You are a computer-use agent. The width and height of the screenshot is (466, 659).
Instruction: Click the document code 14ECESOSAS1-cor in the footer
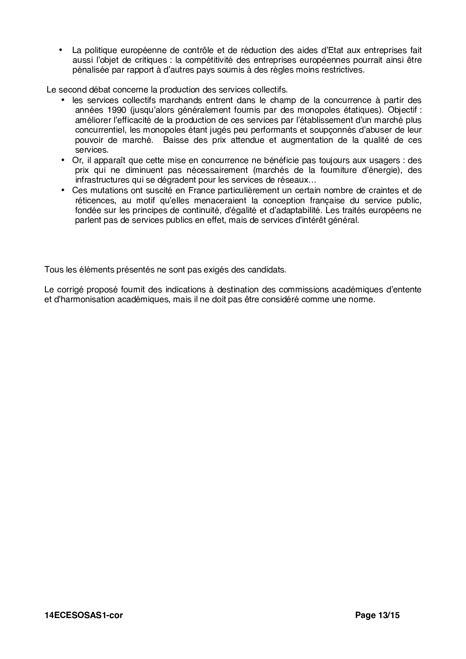click(x=83, y=615)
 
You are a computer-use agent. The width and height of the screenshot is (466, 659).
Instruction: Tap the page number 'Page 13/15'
click(x=377, y=615)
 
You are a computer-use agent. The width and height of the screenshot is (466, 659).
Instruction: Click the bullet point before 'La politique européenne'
click(x=61, y=50)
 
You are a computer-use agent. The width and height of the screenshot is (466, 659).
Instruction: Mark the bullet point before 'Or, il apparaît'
click(x=63, y=160)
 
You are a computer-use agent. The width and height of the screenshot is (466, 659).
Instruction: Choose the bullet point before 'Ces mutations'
click(x=63, y=190)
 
